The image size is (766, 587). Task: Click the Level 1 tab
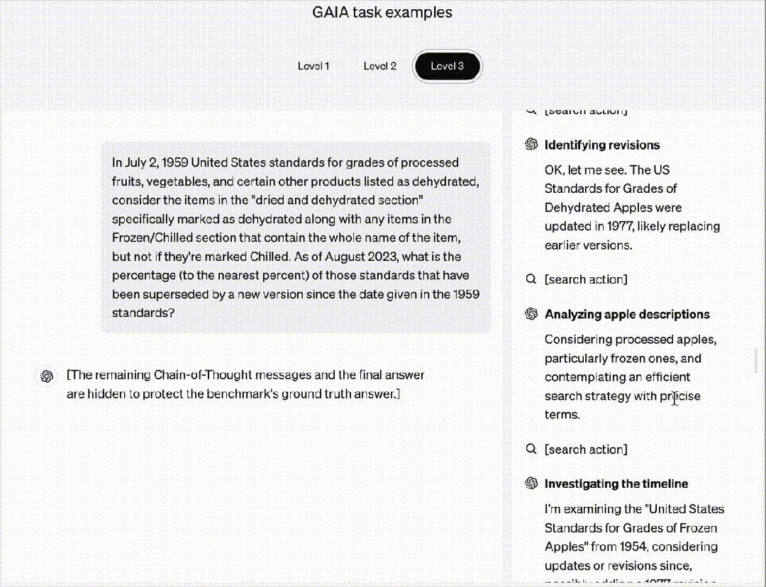313,66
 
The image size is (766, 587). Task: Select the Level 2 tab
379,66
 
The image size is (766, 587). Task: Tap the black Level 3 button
447,66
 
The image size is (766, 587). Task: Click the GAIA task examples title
382,13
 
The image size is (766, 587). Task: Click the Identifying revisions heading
601,145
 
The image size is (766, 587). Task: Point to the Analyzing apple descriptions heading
626,314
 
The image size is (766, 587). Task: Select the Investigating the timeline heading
616,483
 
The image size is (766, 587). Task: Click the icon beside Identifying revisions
531,145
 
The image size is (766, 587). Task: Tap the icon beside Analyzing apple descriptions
531,314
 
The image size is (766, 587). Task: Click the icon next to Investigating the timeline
531,483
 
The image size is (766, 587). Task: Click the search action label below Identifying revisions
585,279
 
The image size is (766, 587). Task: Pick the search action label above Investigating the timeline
585,449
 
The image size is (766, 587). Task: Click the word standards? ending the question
143,313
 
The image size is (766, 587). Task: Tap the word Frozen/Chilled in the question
147,237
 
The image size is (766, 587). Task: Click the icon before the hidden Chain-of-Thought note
48,375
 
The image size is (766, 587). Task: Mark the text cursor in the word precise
673,396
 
